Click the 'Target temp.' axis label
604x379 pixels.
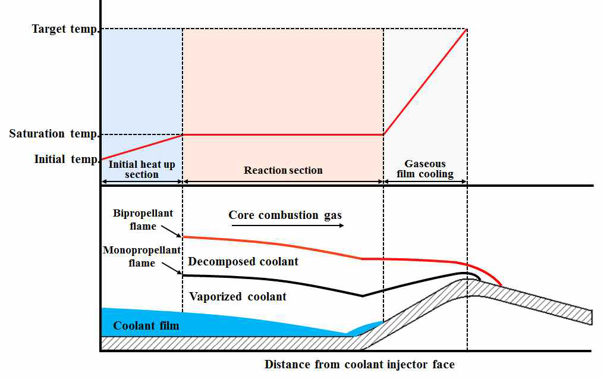65,29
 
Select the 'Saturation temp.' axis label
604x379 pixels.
54,134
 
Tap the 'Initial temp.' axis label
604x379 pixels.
67,159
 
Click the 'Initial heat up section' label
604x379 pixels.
141,169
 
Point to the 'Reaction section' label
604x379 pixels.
283,170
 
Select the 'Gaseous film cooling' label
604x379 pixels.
425,169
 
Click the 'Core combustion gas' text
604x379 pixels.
285,215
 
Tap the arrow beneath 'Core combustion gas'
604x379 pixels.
287,225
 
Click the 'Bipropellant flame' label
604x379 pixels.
143,220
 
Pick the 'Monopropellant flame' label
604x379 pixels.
141,256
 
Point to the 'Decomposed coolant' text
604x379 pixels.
243,261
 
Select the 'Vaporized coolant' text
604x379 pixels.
238,296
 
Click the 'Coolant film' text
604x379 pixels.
146,326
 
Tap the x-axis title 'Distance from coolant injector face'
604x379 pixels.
360,364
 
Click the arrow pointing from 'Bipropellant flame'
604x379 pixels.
171,231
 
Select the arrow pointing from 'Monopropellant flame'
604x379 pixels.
172,268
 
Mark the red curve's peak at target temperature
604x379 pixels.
467,29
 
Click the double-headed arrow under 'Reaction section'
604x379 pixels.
283,181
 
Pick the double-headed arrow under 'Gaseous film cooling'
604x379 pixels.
425,181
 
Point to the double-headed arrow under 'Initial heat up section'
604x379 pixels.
141,181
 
